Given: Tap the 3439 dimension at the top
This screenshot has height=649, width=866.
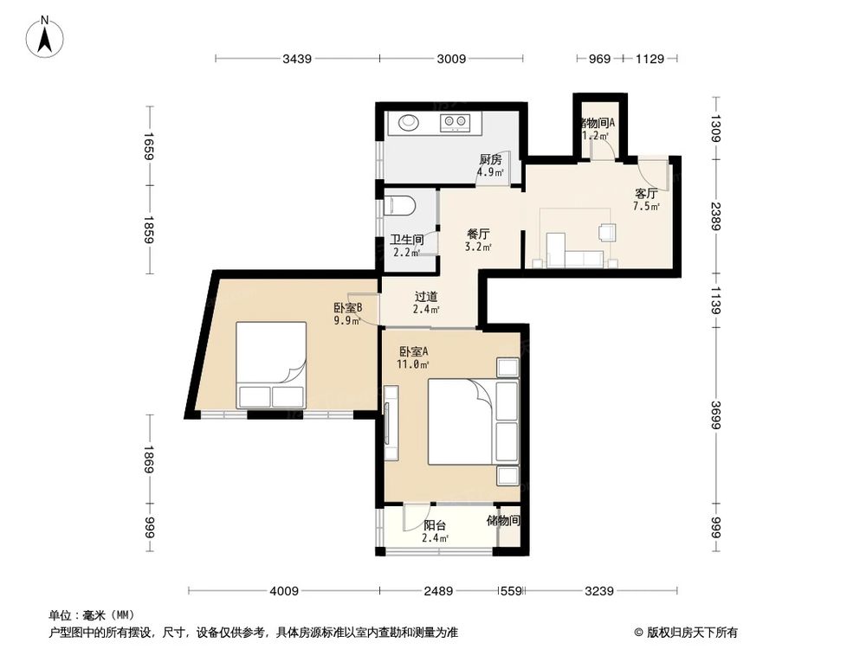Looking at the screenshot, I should [x=297, y=59].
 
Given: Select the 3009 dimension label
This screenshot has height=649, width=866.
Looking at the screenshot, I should [x=451, y=59].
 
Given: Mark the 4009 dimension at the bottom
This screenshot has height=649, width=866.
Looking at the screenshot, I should [x=283, y=591].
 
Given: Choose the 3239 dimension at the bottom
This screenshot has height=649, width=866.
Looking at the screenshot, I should [x=598, y=591].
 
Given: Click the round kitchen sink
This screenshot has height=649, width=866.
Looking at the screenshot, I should [x=408, y=123].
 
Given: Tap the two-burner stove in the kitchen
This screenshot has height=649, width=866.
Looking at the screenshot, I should [x=456, y=123].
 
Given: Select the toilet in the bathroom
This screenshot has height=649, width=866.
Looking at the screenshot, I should [x=401, y=206].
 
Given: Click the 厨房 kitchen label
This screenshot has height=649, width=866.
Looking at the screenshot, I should [x=490, y=160].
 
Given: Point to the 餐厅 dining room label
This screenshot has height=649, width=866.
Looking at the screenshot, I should [x=479, y=235].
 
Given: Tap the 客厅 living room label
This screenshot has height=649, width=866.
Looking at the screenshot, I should [x=646, y=194].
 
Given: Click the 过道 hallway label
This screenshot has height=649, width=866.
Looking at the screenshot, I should [x=425, y=297].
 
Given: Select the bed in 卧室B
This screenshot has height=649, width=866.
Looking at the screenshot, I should [x=271, y=365].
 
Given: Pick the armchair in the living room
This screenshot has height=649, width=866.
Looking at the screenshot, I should [x=607, y=232].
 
